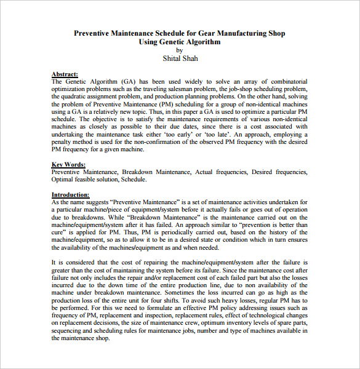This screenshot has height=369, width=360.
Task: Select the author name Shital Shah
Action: click(x=180, y=58)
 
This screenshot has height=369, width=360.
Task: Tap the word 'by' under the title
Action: click(x=180, y=50)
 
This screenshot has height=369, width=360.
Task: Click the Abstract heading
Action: click(x=65, y=74)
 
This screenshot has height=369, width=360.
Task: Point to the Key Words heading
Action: click(x=68, y=165)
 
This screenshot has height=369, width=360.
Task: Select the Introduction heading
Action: click(x=72, y=194)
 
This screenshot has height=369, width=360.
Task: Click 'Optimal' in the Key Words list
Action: click(x=65, y=180)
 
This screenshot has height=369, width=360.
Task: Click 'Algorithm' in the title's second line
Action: click(x=202, y=42)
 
